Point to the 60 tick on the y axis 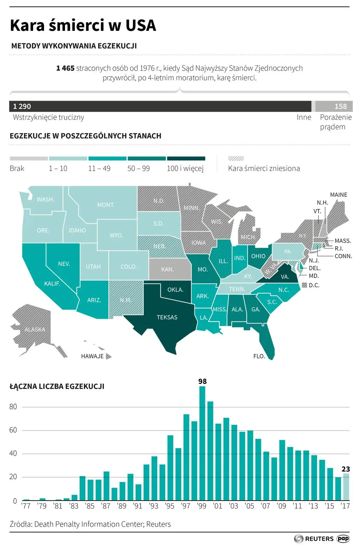tap(13, 430)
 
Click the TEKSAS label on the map tap(167, 317)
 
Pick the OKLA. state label tap(175, 289)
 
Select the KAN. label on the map tap(167, 269)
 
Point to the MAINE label tap(339, 195)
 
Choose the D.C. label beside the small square tap(314, 285)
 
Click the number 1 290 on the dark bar tap(22, 106)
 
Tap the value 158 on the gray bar tap(340, 106)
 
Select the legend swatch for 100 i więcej tap(186, 158)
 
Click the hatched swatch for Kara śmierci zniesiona tap(236, 158)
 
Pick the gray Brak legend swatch tap(29, 158)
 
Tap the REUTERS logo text tap(319, 539)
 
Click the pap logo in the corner tap(343, 539)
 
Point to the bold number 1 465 tap(65, 68)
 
